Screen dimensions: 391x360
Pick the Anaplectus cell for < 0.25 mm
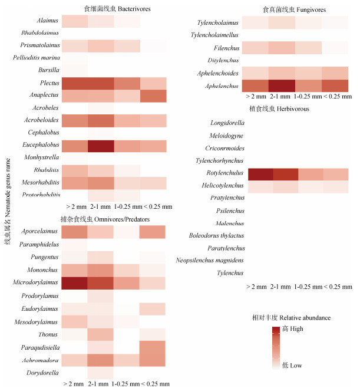[x=153, y=96]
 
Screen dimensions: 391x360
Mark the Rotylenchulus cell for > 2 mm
[x=260, y=174]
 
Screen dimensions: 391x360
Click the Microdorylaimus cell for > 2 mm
[x=75, y=283]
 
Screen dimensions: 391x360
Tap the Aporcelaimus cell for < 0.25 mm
[x=153, y=232]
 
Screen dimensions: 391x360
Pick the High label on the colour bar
[x=293, y=328]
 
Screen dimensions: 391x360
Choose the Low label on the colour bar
[x=292, y=366]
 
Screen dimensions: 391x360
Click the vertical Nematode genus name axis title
[x=8, y=195]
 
